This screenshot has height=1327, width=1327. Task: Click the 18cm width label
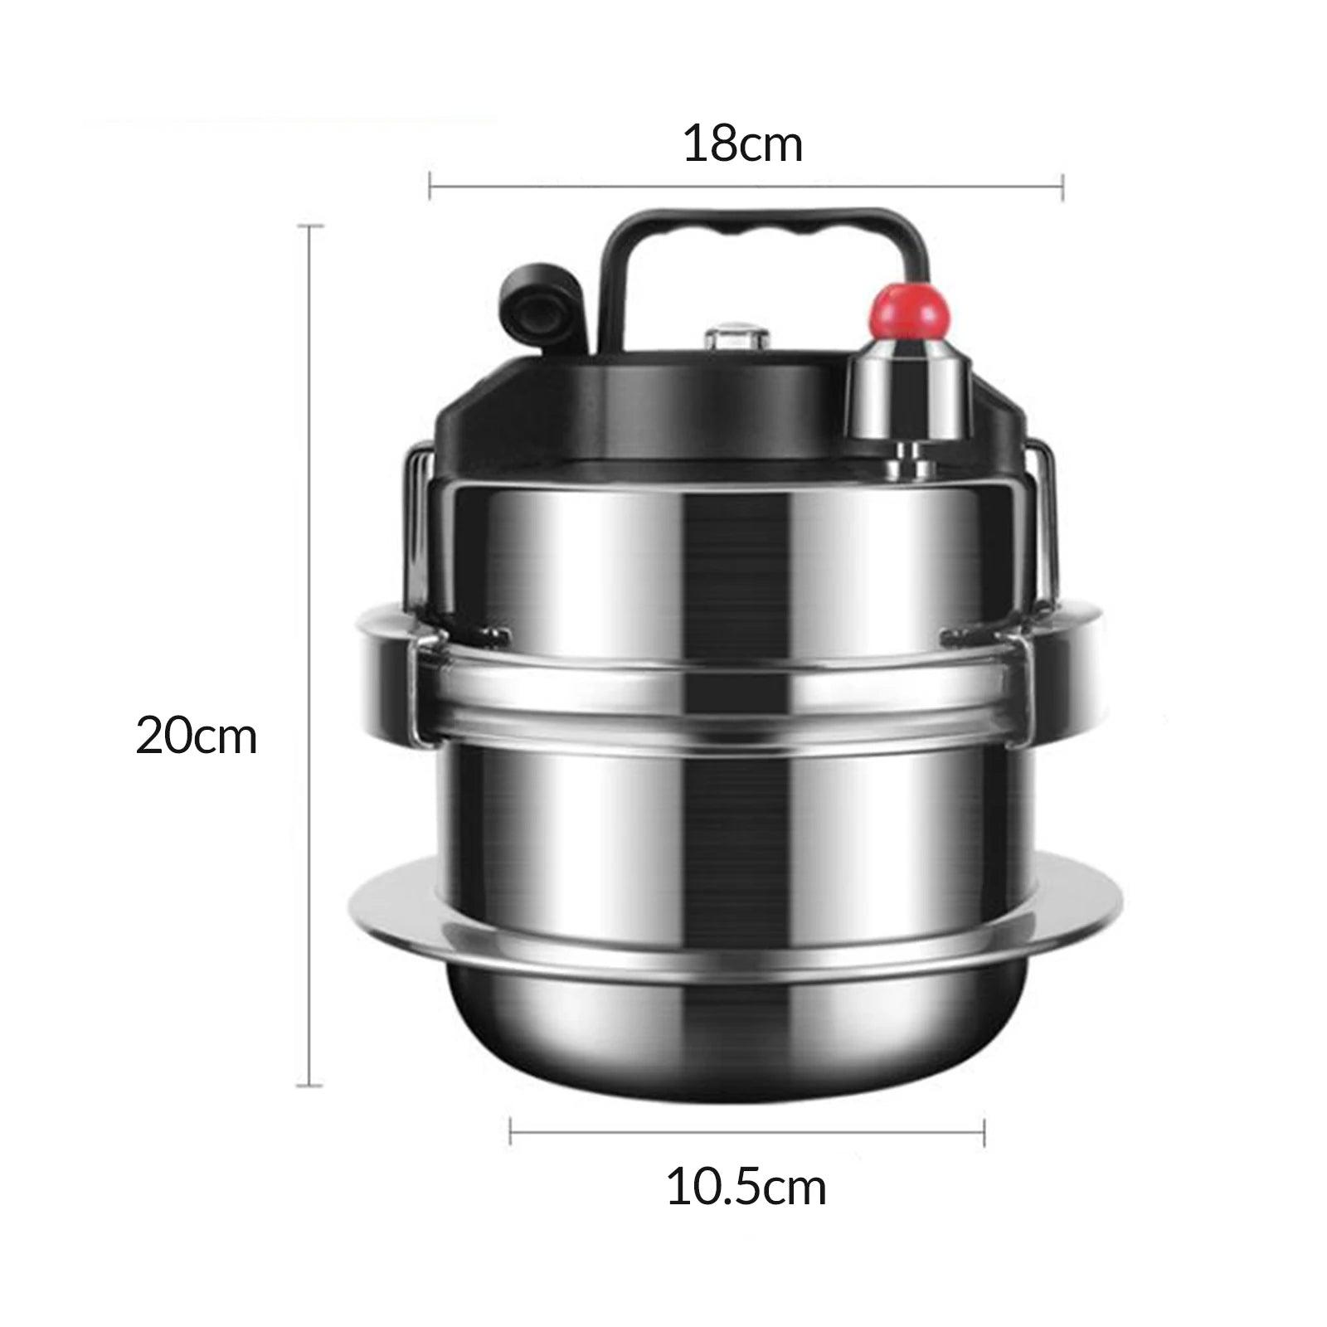tap(743, 143)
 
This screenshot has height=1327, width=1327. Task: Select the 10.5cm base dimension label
tap(746, 1188)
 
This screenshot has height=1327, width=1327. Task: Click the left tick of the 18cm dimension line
tap(430, 186)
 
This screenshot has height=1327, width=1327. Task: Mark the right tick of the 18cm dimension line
tap(1062, 186)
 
